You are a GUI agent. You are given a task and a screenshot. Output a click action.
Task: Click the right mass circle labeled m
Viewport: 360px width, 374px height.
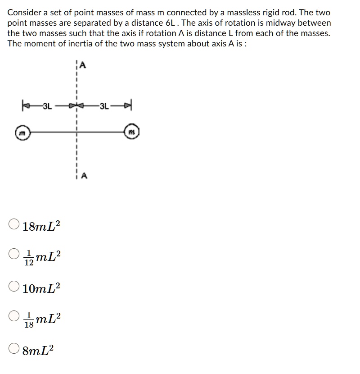(132, 132)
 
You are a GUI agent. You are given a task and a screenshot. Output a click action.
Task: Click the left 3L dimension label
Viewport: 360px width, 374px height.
(47, 107)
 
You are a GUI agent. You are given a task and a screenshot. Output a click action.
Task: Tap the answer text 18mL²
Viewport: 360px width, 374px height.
(41, 225)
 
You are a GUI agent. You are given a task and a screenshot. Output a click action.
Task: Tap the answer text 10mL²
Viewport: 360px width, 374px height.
(41, 288)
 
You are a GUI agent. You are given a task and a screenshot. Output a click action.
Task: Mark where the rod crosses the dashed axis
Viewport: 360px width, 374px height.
(77, 132)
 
